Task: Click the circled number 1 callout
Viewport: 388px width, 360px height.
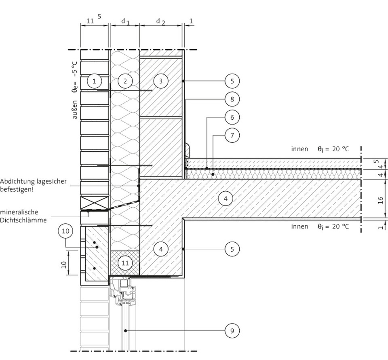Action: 94,81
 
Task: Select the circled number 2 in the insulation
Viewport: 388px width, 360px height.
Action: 125,81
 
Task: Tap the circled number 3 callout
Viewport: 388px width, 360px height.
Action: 161,81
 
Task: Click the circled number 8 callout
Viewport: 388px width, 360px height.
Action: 232,99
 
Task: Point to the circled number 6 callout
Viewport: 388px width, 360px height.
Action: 232,117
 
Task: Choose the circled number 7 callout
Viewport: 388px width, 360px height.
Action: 232,135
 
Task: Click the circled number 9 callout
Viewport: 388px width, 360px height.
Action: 232,330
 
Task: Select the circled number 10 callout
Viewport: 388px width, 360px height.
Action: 65,231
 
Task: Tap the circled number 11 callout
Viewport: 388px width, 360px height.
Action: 125,263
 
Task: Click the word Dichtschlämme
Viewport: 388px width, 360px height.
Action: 23,220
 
